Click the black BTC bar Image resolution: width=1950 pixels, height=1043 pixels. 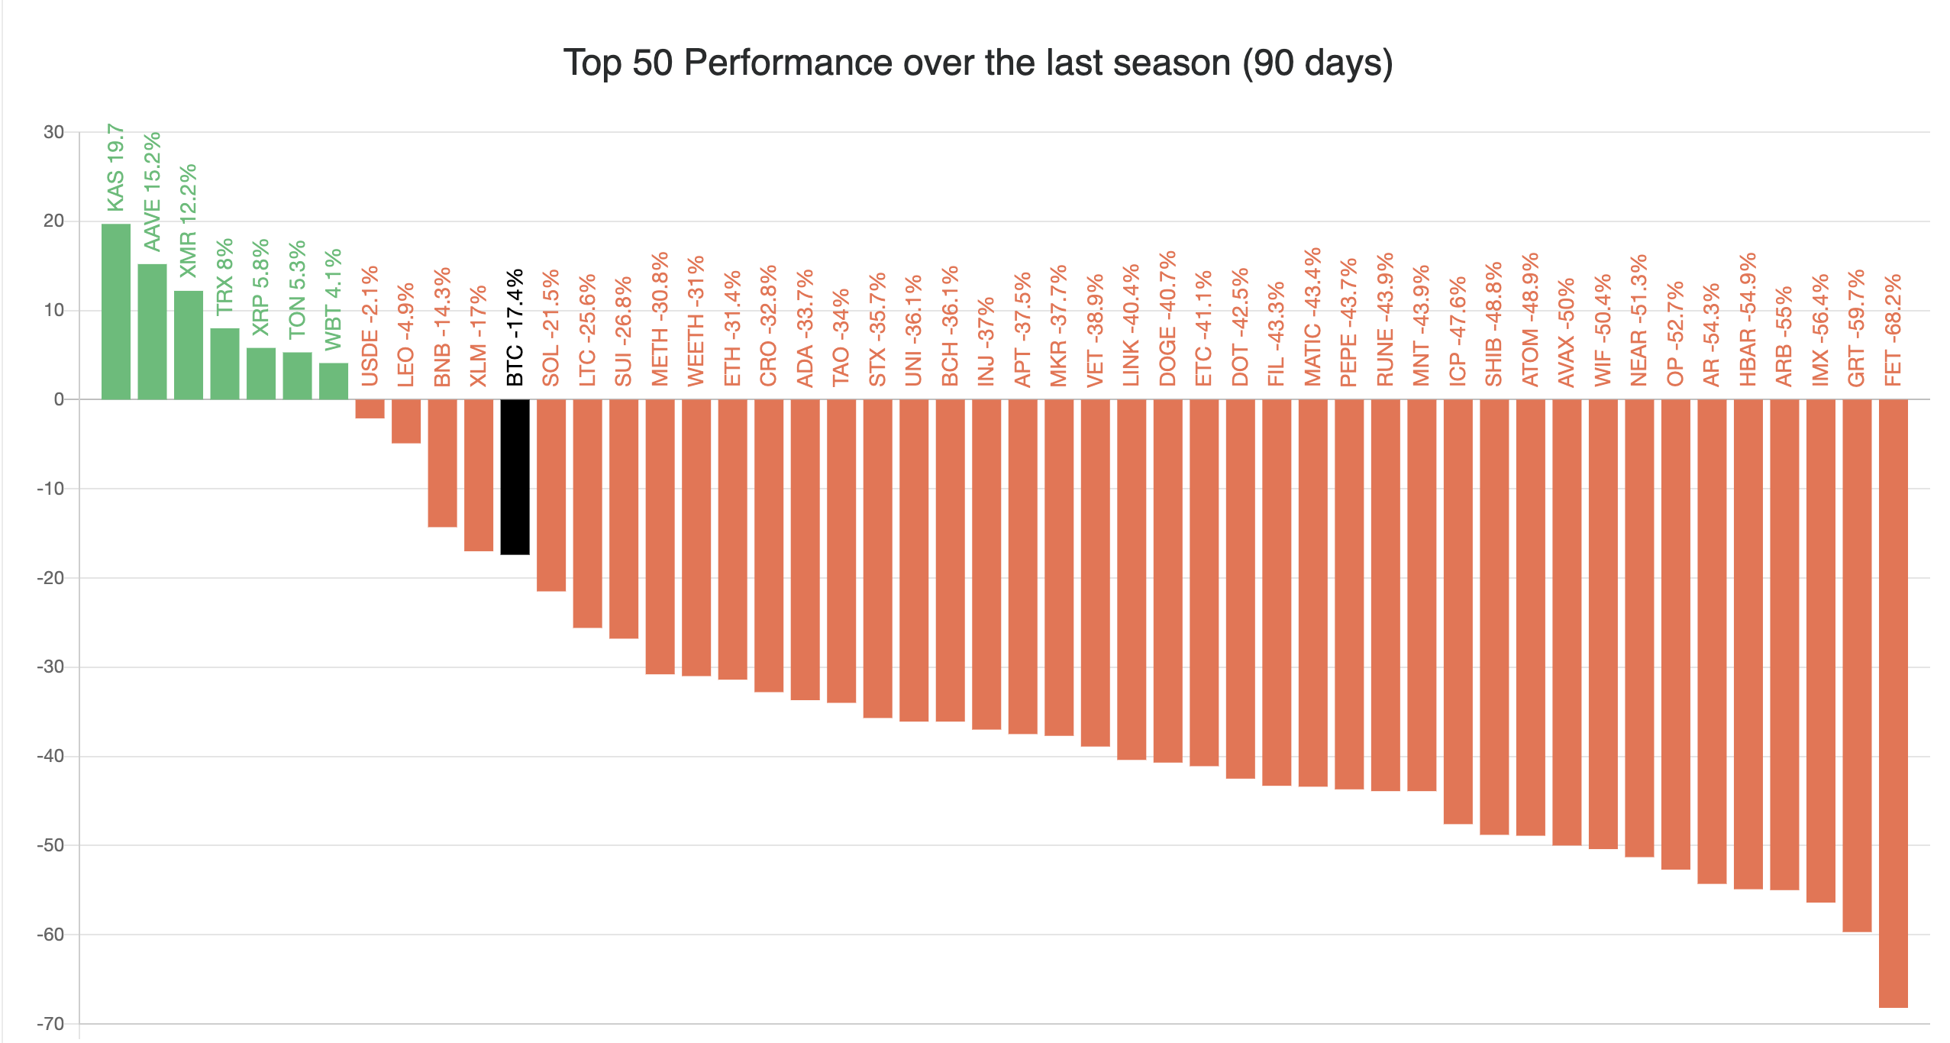515,476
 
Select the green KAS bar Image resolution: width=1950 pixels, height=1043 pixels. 116,312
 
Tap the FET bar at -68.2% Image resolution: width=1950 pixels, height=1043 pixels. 1893,702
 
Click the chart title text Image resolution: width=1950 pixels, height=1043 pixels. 978,63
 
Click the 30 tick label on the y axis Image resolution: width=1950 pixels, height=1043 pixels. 53,132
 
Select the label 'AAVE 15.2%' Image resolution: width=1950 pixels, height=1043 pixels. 153,191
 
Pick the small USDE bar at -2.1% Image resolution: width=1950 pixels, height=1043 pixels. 370,408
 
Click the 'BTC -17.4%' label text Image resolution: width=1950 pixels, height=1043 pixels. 515,327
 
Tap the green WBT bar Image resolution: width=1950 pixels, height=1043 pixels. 334,381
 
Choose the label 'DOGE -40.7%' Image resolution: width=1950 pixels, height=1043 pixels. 1167,318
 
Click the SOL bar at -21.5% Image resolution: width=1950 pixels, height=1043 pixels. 551,495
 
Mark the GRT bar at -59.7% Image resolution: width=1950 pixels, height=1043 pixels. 1856,664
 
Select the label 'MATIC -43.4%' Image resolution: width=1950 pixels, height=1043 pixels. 1312,317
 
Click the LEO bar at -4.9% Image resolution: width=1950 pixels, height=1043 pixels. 406,421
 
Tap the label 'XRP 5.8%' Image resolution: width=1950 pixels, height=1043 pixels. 261,287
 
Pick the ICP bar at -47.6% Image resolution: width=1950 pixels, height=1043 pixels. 1458,611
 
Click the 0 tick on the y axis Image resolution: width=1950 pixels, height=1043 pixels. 59,399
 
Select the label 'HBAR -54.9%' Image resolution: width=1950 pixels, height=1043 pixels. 1748,319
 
